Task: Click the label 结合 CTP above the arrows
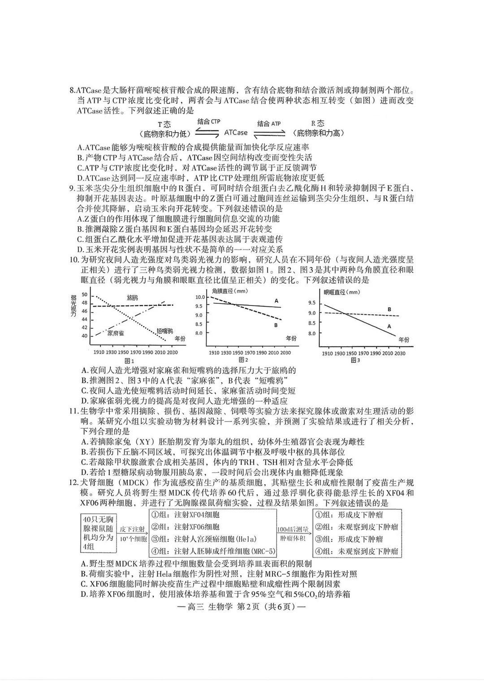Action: point(209,122)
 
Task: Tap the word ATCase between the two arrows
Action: point(236,133)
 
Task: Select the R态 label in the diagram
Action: point(318,123)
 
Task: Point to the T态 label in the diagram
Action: point(164,124)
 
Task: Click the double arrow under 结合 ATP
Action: point(269,133)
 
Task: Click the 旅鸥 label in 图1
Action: point(133,297)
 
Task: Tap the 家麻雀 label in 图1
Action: point(116,333)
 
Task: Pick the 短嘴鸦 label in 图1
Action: point(165,331)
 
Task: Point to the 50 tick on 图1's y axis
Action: point(85,295)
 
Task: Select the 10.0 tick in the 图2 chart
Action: point(200,297)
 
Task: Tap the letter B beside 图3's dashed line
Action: point(389,310)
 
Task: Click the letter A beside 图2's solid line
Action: point(277,301)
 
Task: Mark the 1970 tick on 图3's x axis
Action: point(363,353)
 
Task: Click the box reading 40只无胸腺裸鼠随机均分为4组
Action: point(98,533)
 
